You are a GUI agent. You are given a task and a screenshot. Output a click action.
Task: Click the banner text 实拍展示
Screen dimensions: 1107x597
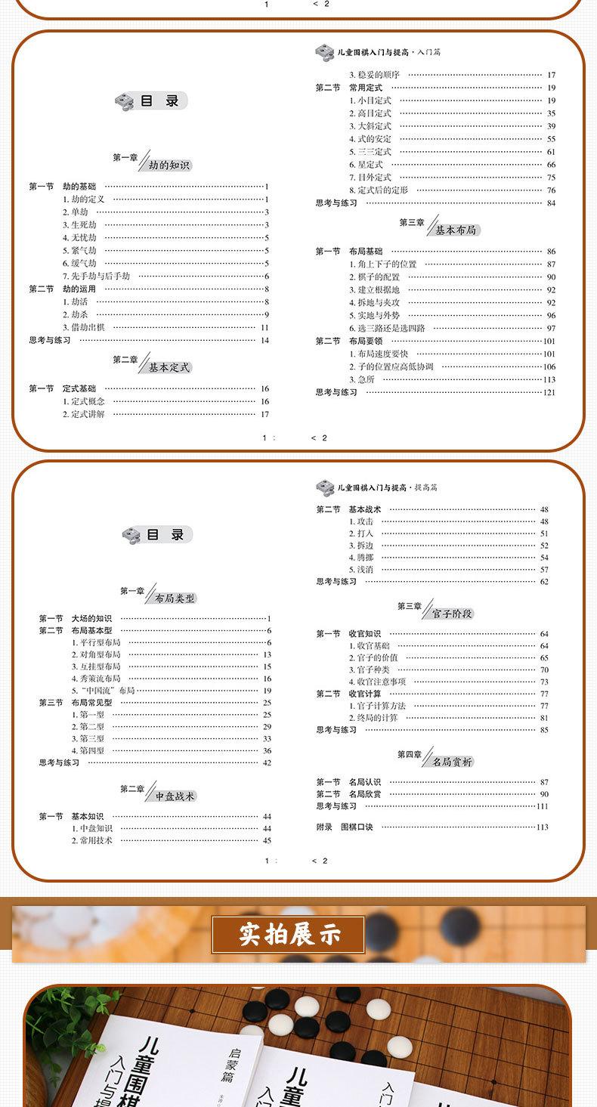click(290, 935)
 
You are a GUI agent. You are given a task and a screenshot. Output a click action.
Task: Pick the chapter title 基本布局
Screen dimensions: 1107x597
click(456, 230)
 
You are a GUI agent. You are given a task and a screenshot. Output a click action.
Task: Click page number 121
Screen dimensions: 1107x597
click(549, 392)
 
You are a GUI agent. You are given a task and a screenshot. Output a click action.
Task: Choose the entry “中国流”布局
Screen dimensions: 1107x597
click(103, 691)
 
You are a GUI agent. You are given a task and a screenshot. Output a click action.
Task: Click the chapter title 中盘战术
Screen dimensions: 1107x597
click(175, 796)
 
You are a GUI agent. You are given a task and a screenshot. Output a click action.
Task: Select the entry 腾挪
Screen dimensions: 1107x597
click(365, 558)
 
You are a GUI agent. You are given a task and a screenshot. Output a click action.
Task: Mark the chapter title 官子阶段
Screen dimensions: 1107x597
click(452, 614)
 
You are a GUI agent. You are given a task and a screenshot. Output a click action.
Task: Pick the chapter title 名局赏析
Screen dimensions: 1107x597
click(452, 762)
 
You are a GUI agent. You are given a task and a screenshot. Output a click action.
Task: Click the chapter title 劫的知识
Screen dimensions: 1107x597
click(169, 165)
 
